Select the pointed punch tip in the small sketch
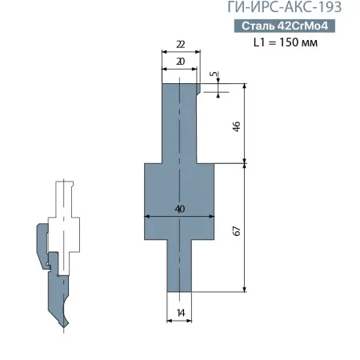pyautogui.click(x=67, y=325)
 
